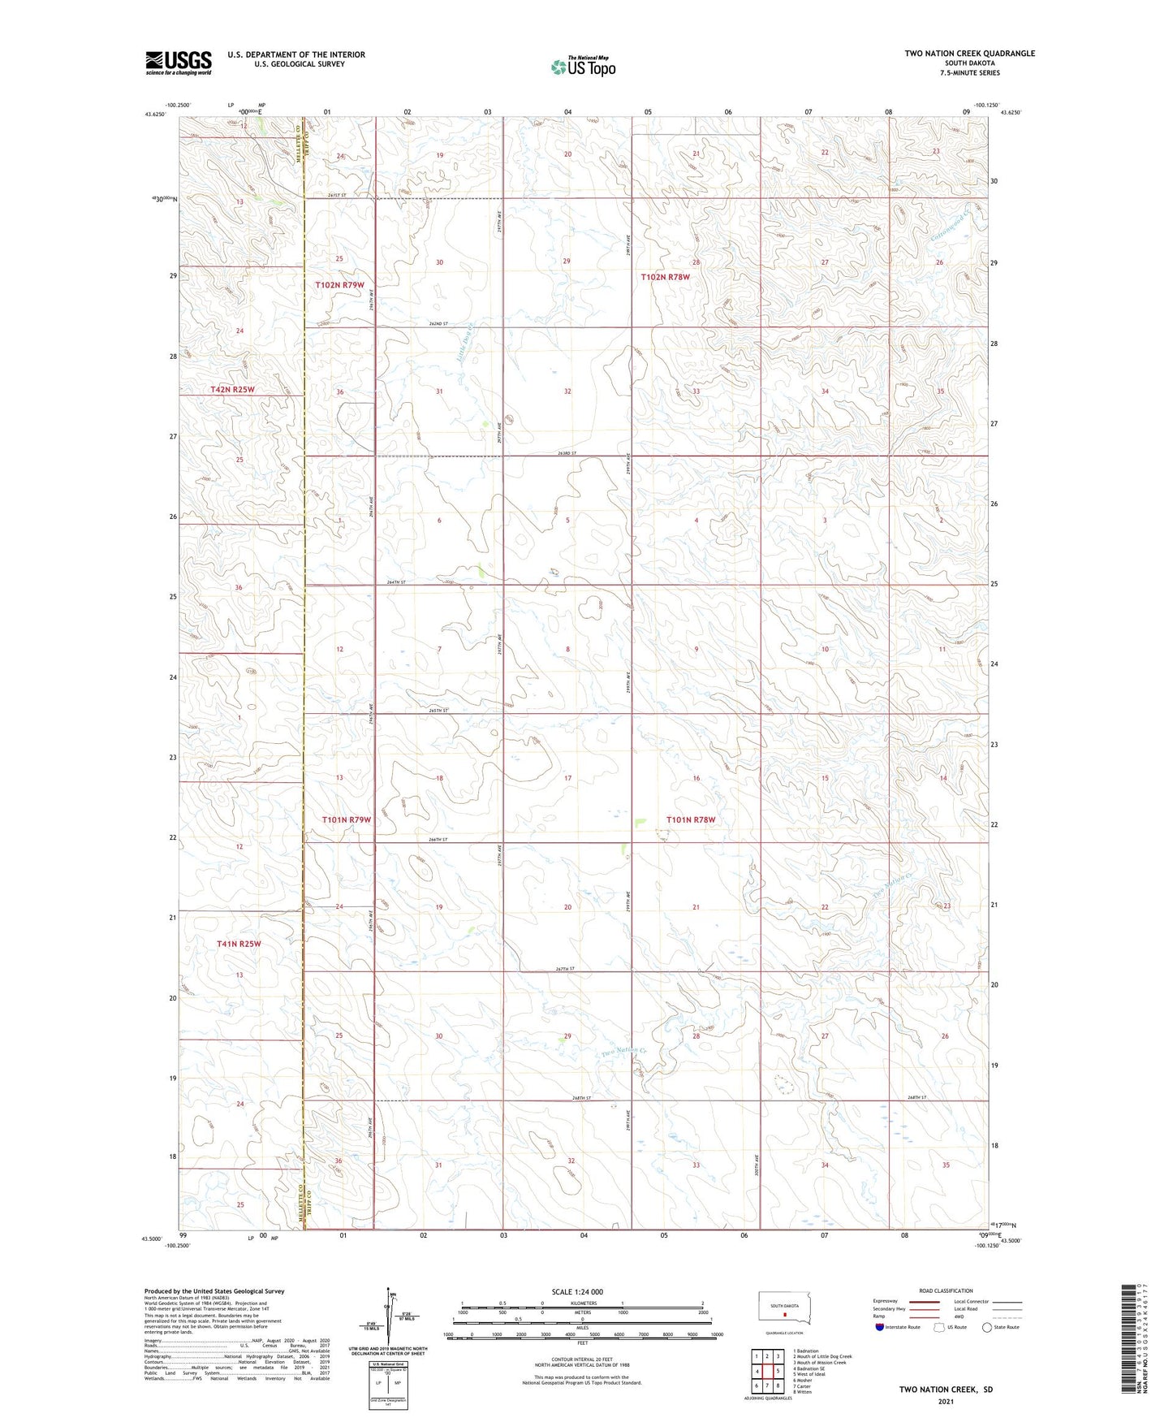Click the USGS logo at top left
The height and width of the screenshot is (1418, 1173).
pos(178,63)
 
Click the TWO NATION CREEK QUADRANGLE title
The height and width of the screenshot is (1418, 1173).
pos(969,54)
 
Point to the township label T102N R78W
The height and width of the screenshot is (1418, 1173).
pos(665,277)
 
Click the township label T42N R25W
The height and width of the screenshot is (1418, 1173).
pos(232,389)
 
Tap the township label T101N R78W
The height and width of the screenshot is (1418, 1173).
pos(691,819)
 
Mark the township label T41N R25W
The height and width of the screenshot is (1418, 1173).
pos(239,944)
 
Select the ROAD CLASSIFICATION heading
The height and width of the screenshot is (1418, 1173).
pos(946,1290)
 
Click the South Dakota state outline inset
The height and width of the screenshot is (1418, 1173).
pos(783,1307)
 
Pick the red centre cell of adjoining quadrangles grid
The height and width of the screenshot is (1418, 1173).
pos(767,1372)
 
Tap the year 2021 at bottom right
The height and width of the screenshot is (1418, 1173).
pos(945,1401)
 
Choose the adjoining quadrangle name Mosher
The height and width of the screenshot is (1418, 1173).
pos(804,1380)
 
